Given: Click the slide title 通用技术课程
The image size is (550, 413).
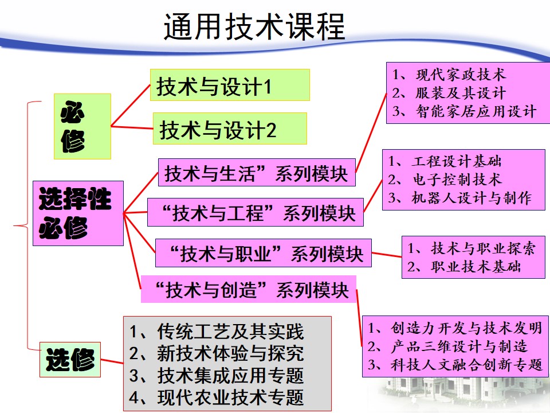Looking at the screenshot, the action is [x=254, y=27].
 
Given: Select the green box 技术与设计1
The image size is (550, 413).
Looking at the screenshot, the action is [x=230, y=85].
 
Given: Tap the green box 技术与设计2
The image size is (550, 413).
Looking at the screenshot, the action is [x=230, y=128].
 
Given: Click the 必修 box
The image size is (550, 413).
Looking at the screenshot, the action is [x=82, y=126].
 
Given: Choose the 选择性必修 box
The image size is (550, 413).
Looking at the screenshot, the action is [x=78, y=213].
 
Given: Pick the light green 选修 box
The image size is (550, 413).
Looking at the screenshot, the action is [x=70, y=360].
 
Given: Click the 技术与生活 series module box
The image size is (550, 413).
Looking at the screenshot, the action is [x=257, y=173].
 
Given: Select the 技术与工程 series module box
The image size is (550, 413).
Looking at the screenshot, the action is [x=256, y=212].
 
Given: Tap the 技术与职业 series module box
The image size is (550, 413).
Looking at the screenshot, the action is [x=264, y=253].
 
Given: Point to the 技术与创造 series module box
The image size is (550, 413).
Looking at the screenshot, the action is [x=249, y=289].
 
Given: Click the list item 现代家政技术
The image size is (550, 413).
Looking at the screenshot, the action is [x=449, y=75].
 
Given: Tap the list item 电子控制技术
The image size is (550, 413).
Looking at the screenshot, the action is [x=445, y=180].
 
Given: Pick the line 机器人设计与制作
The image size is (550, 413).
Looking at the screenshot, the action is [x=460, y=198].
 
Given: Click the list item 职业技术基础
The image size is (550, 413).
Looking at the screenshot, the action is [x=464, y=267].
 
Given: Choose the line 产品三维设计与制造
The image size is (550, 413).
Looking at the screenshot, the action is [x=447, y=346].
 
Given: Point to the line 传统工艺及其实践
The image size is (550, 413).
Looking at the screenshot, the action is [x=217, y=332].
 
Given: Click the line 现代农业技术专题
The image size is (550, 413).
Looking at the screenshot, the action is [x=217, y=398].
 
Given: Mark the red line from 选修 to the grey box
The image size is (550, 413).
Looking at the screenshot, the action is [x=112, y=361].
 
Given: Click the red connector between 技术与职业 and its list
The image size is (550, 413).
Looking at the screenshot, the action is [x=387, y=255].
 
